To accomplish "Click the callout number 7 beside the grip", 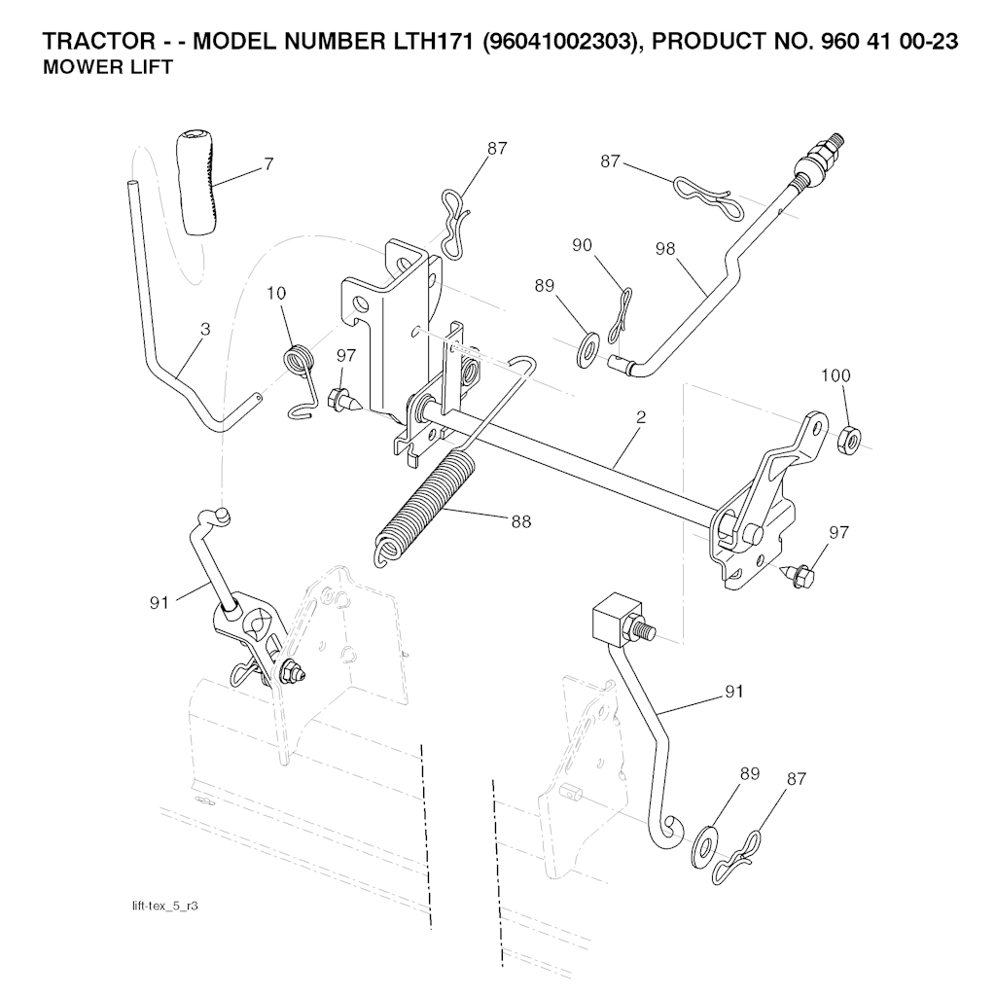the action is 268,164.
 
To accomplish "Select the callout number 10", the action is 276,294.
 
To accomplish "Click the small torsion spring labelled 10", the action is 299,380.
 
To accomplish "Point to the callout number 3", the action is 205,330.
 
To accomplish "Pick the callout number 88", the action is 521,522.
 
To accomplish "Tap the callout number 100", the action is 836,375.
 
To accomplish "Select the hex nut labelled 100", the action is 848,439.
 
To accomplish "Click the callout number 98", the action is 664,249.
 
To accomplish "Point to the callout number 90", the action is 582,245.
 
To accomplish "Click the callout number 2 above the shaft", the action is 641,417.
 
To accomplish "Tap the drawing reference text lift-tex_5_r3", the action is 164,906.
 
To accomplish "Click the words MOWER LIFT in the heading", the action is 108,67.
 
